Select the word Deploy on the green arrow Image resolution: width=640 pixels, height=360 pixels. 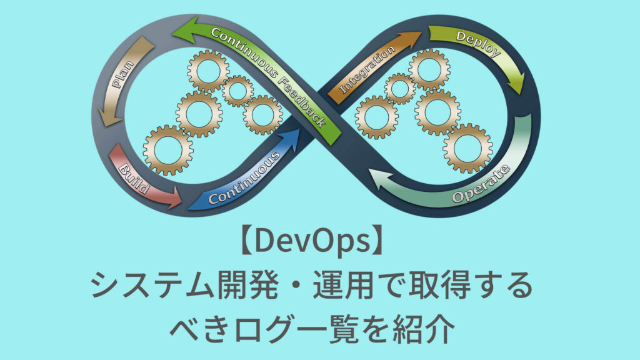click(479, 43)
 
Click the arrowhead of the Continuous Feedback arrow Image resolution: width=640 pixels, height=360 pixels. click(184, 28)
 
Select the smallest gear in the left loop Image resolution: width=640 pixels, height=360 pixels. click(237, 91)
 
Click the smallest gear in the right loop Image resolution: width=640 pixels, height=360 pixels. click(399, 88)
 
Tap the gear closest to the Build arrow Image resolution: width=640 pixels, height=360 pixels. click(167, 149)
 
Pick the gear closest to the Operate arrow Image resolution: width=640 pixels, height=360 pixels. click(467, 148)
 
